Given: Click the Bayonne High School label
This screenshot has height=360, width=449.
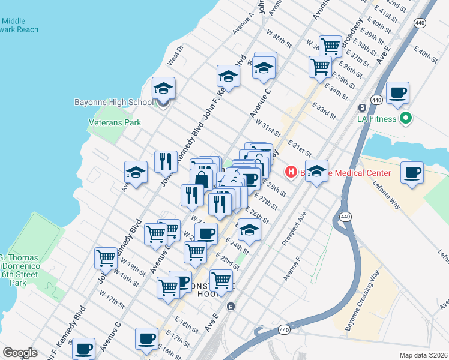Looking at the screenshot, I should click(113, 102).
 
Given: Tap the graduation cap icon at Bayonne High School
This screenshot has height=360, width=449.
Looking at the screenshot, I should click(163, 90).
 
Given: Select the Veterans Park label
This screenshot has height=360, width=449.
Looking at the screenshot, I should click(115, 122).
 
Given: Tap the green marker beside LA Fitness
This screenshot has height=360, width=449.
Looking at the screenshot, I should click(406, 118).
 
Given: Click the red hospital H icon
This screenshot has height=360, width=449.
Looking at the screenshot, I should click(291, 173).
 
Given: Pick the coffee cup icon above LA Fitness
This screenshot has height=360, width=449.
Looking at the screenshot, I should click(397, 94).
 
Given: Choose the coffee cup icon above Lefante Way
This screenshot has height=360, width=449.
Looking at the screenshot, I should click(412, 173).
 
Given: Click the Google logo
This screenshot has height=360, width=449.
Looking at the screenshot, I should click(20, 353).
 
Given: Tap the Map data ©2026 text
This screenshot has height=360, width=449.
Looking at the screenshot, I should click(423, 355).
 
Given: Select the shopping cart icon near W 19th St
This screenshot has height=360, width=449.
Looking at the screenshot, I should click(106, 259).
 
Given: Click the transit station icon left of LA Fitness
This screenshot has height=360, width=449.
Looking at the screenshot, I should click(362, 107).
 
